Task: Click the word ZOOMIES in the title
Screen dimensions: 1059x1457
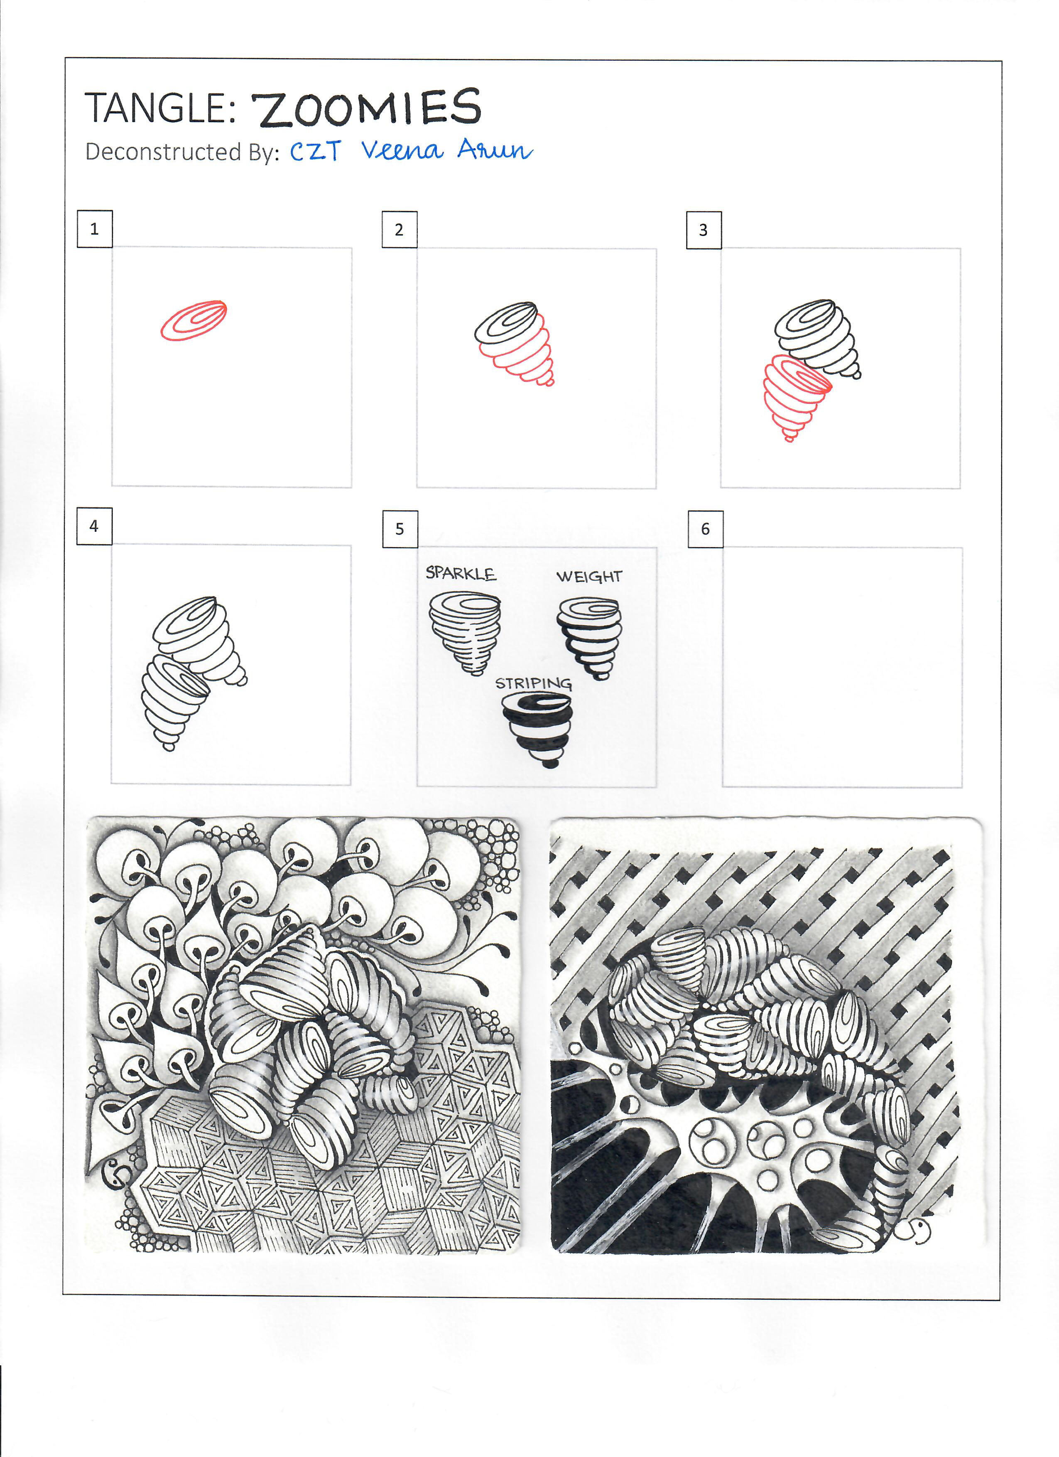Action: pyautogui.click(x=366, y=108)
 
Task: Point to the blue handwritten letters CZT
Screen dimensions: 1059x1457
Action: pyautogui.click(x=315, y=151)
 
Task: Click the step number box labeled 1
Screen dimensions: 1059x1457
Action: pyautogui.click(x=94, y=229)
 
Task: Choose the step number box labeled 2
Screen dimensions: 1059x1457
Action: pyautogui.click(x=400, y=229)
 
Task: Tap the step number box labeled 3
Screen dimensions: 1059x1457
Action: pyautogui.click(x=704, y=230)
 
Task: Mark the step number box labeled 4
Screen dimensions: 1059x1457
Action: pyautogui.click(x=94, y=526)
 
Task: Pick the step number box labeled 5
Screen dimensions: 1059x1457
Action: pyautogui.click(x=400, y=529)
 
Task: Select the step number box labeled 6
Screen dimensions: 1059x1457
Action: pyautogui.click(x=705, y=529)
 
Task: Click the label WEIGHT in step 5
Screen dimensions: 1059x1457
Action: pyautogui.click(x=589, y=576)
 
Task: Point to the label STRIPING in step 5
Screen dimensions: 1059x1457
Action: pyautogui.click(x=533, y=683)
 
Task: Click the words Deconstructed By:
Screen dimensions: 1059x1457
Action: pyautogui.click(x=182, y=152)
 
